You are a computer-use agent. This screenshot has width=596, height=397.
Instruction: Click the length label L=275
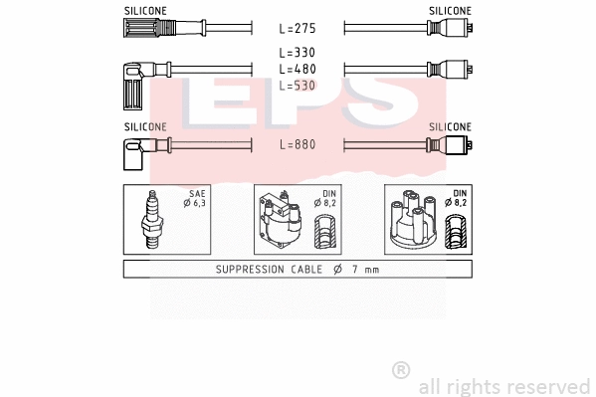pyautogui.click(x=298, y=29)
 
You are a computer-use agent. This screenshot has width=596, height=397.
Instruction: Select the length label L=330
pyautogui.click(x=298, y=53)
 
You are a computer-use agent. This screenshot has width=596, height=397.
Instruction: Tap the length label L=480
pyautogui.click(x=298, y=69)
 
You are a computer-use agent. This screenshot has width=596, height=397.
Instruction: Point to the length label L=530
pyautogui.click(x=298, y=86)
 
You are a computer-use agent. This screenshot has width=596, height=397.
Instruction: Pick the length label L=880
pyautogui.click(x=298, y=144)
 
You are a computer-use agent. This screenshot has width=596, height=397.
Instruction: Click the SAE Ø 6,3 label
pyautogui.click(x=194, y=199)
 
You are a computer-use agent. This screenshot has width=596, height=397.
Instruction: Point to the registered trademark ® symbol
pyautogui.click(x=401, y=369)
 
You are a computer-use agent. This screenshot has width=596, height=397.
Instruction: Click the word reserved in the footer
pyautogui.click(x=550, y=385)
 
